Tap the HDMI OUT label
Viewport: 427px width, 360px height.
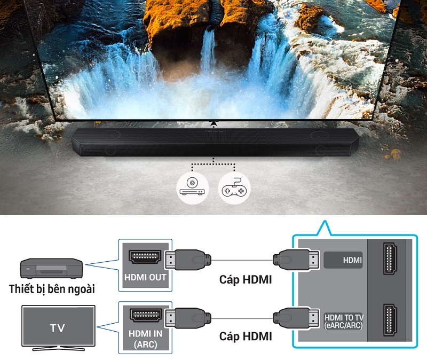point(145,278)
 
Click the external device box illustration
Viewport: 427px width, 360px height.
point(51,268)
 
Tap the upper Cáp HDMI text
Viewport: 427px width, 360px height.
point(246,279)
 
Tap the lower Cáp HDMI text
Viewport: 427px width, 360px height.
point(246,336)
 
